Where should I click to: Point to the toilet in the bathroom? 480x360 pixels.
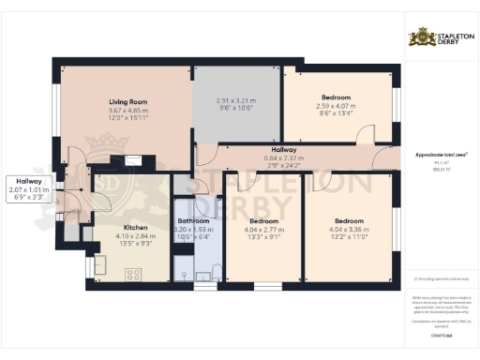(216, 271)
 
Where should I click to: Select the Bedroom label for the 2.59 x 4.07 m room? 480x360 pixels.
(336, 97)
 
